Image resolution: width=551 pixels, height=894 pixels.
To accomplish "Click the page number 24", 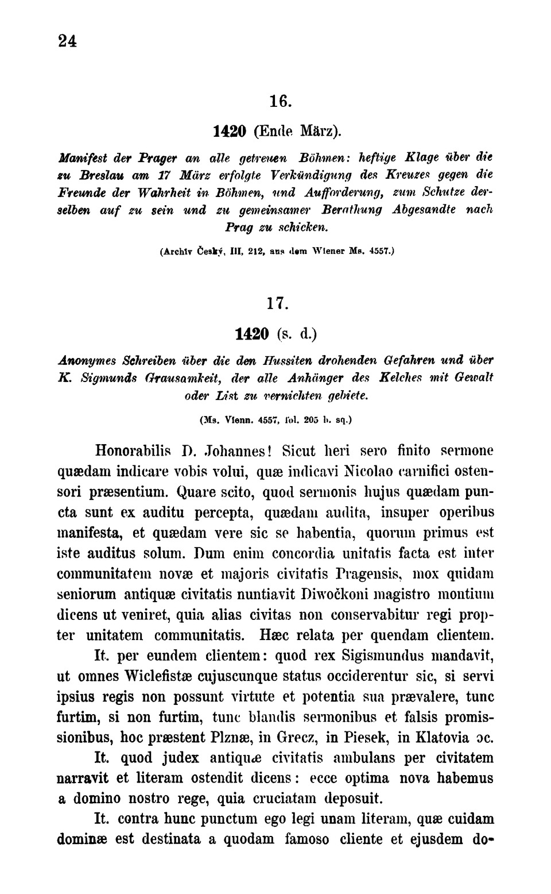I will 67,41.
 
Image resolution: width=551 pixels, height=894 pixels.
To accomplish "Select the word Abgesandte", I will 424,210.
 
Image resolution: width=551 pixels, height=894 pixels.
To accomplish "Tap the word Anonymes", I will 87,360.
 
